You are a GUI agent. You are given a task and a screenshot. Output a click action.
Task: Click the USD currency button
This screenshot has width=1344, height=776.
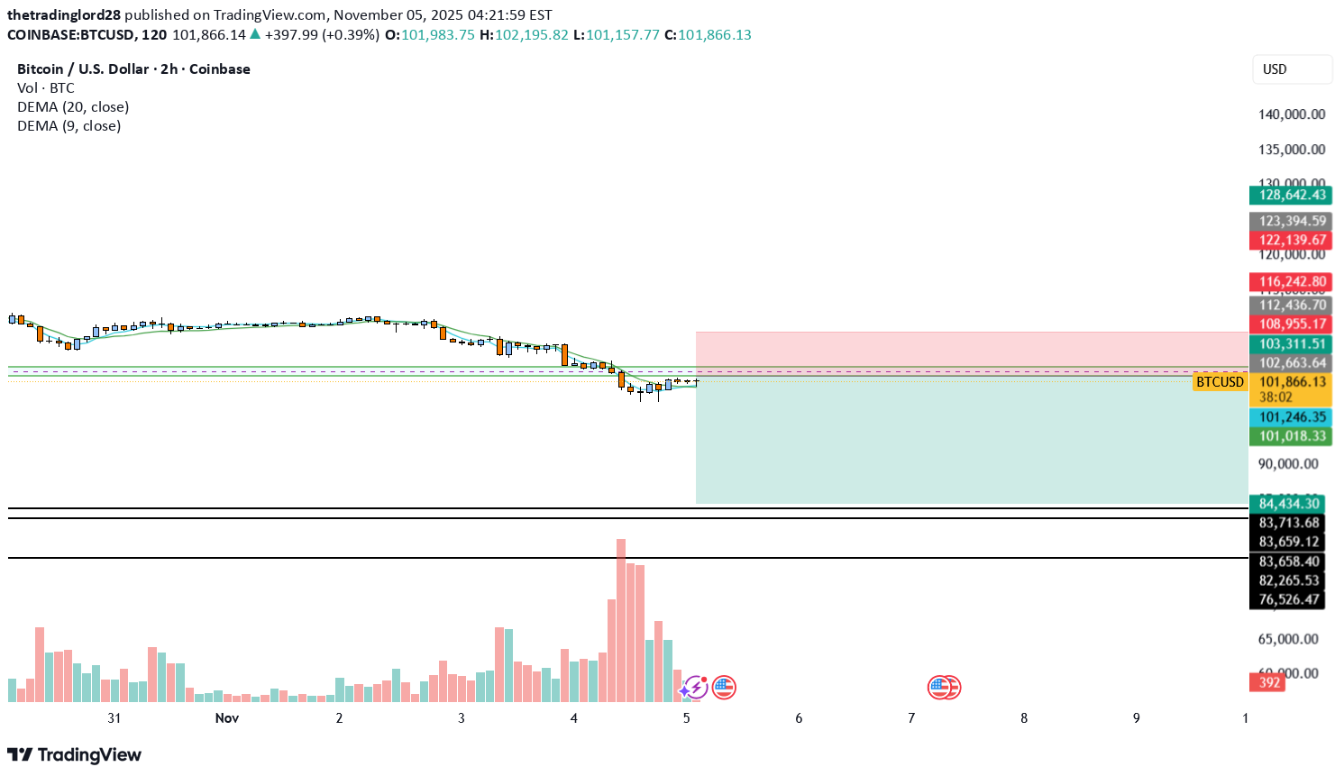(x=1291, y=69)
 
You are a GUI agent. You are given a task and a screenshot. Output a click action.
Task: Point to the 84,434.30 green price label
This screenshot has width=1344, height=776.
(x=1287, y=504)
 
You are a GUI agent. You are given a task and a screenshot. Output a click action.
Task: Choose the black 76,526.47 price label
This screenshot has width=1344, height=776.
(x=1287, y=599)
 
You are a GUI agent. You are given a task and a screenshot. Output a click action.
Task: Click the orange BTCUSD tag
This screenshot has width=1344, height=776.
(x=1220, y=382)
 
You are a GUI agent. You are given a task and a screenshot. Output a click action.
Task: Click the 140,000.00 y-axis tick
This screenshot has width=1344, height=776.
(x=1291, y=114)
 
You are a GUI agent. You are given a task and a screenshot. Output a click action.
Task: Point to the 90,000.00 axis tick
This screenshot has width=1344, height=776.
(x=1288, y=464)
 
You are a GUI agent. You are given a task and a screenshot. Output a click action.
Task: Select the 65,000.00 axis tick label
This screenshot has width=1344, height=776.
(x=1288, y=639)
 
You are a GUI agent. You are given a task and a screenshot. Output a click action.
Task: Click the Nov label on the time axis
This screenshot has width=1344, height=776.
(x=227, y=718)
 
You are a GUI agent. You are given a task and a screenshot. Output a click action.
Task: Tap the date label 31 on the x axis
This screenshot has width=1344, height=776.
(x=114, y=718)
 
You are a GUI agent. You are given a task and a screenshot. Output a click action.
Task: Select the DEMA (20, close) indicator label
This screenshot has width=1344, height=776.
(x=73, y=107)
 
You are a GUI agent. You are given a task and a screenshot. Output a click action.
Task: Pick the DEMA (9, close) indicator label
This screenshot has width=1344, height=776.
(x=69, y=126)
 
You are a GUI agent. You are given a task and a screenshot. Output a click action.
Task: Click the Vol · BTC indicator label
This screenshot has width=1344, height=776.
(x=46, y=88)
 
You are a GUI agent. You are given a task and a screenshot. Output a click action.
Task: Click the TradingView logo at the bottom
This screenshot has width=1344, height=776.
(x=75, y=755)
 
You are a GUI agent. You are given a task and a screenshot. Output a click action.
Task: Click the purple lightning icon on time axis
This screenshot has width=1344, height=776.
(x=694, y=688)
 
